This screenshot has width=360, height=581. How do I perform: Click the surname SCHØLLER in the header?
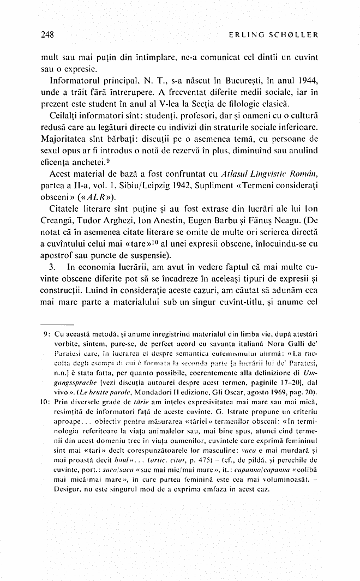[x=294, y=35]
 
